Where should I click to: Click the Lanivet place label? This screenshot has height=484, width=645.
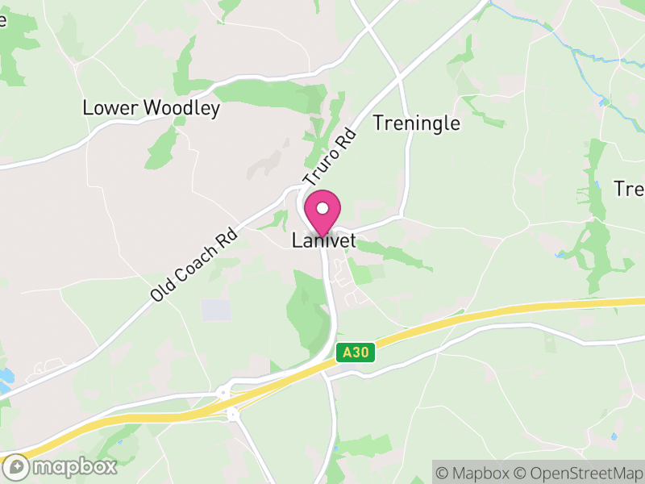[323, 241]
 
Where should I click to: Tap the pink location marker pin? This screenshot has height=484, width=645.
[322, 211]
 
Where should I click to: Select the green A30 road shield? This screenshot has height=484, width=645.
[356, 353]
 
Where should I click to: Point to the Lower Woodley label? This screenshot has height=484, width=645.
[152, 108]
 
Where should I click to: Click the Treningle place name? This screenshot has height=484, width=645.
[417, 123]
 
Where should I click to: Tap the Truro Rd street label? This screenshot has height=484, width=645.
[329, 157]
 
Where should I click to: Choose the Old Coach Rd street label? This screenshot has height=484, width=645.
[194, 264]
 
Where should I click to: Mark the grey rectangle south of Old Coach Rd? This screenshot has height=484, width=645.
[215, 310]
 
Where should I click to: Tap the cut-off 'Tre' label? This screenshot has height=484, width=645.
[630, 189]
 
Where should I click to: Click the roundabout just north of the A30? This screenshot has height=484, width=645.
[223, 394]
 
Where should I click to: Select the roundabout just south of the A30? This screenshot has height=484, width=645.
[234, 414]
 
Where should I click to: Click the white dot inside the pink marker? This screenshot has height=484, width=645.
[322, 207]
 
